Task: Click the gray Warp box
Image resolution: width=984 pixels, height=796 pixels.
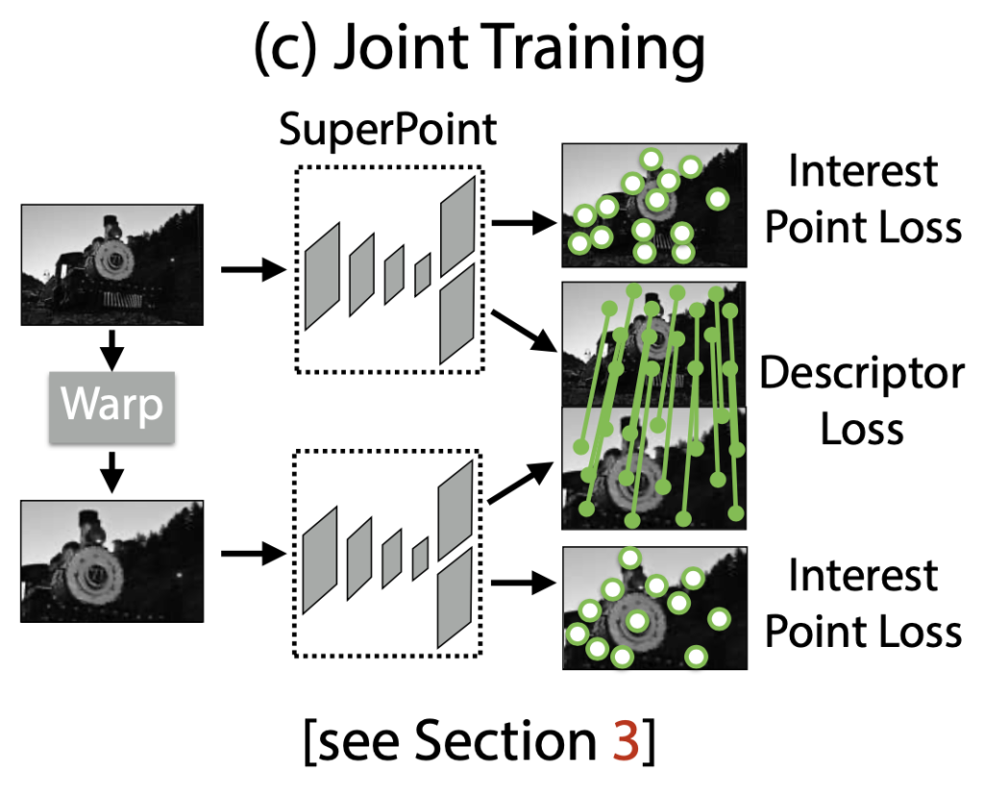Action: (x=113, y=407)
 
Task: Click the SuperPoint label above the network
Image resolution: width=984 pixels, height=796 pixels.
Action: (x=388, y=130)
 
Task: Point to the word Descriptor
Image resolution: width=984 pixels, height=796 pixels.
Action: (x=862, y=373)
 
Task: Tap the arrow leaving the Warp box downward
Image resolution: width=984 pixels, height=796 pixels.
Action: (x=112, y=469)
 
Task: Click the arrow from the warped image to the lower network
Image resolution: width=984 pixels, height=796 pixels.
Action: (x=253, y=554)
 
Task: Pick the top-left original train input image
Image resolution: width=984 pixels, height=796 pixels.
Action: (x=112, y=264)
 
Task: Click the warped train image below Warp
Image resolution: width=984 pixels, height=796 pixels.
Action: (x=112, y=560)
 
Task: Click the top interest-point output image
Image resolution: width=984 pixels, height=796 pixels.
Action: (x=654, y=205)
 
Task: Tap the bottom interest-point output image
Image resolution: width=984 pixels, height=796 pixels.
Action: (x=654, y=608)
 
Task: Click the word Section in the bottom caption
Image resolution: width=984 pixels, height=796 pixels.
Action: (x=499, y=743)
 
